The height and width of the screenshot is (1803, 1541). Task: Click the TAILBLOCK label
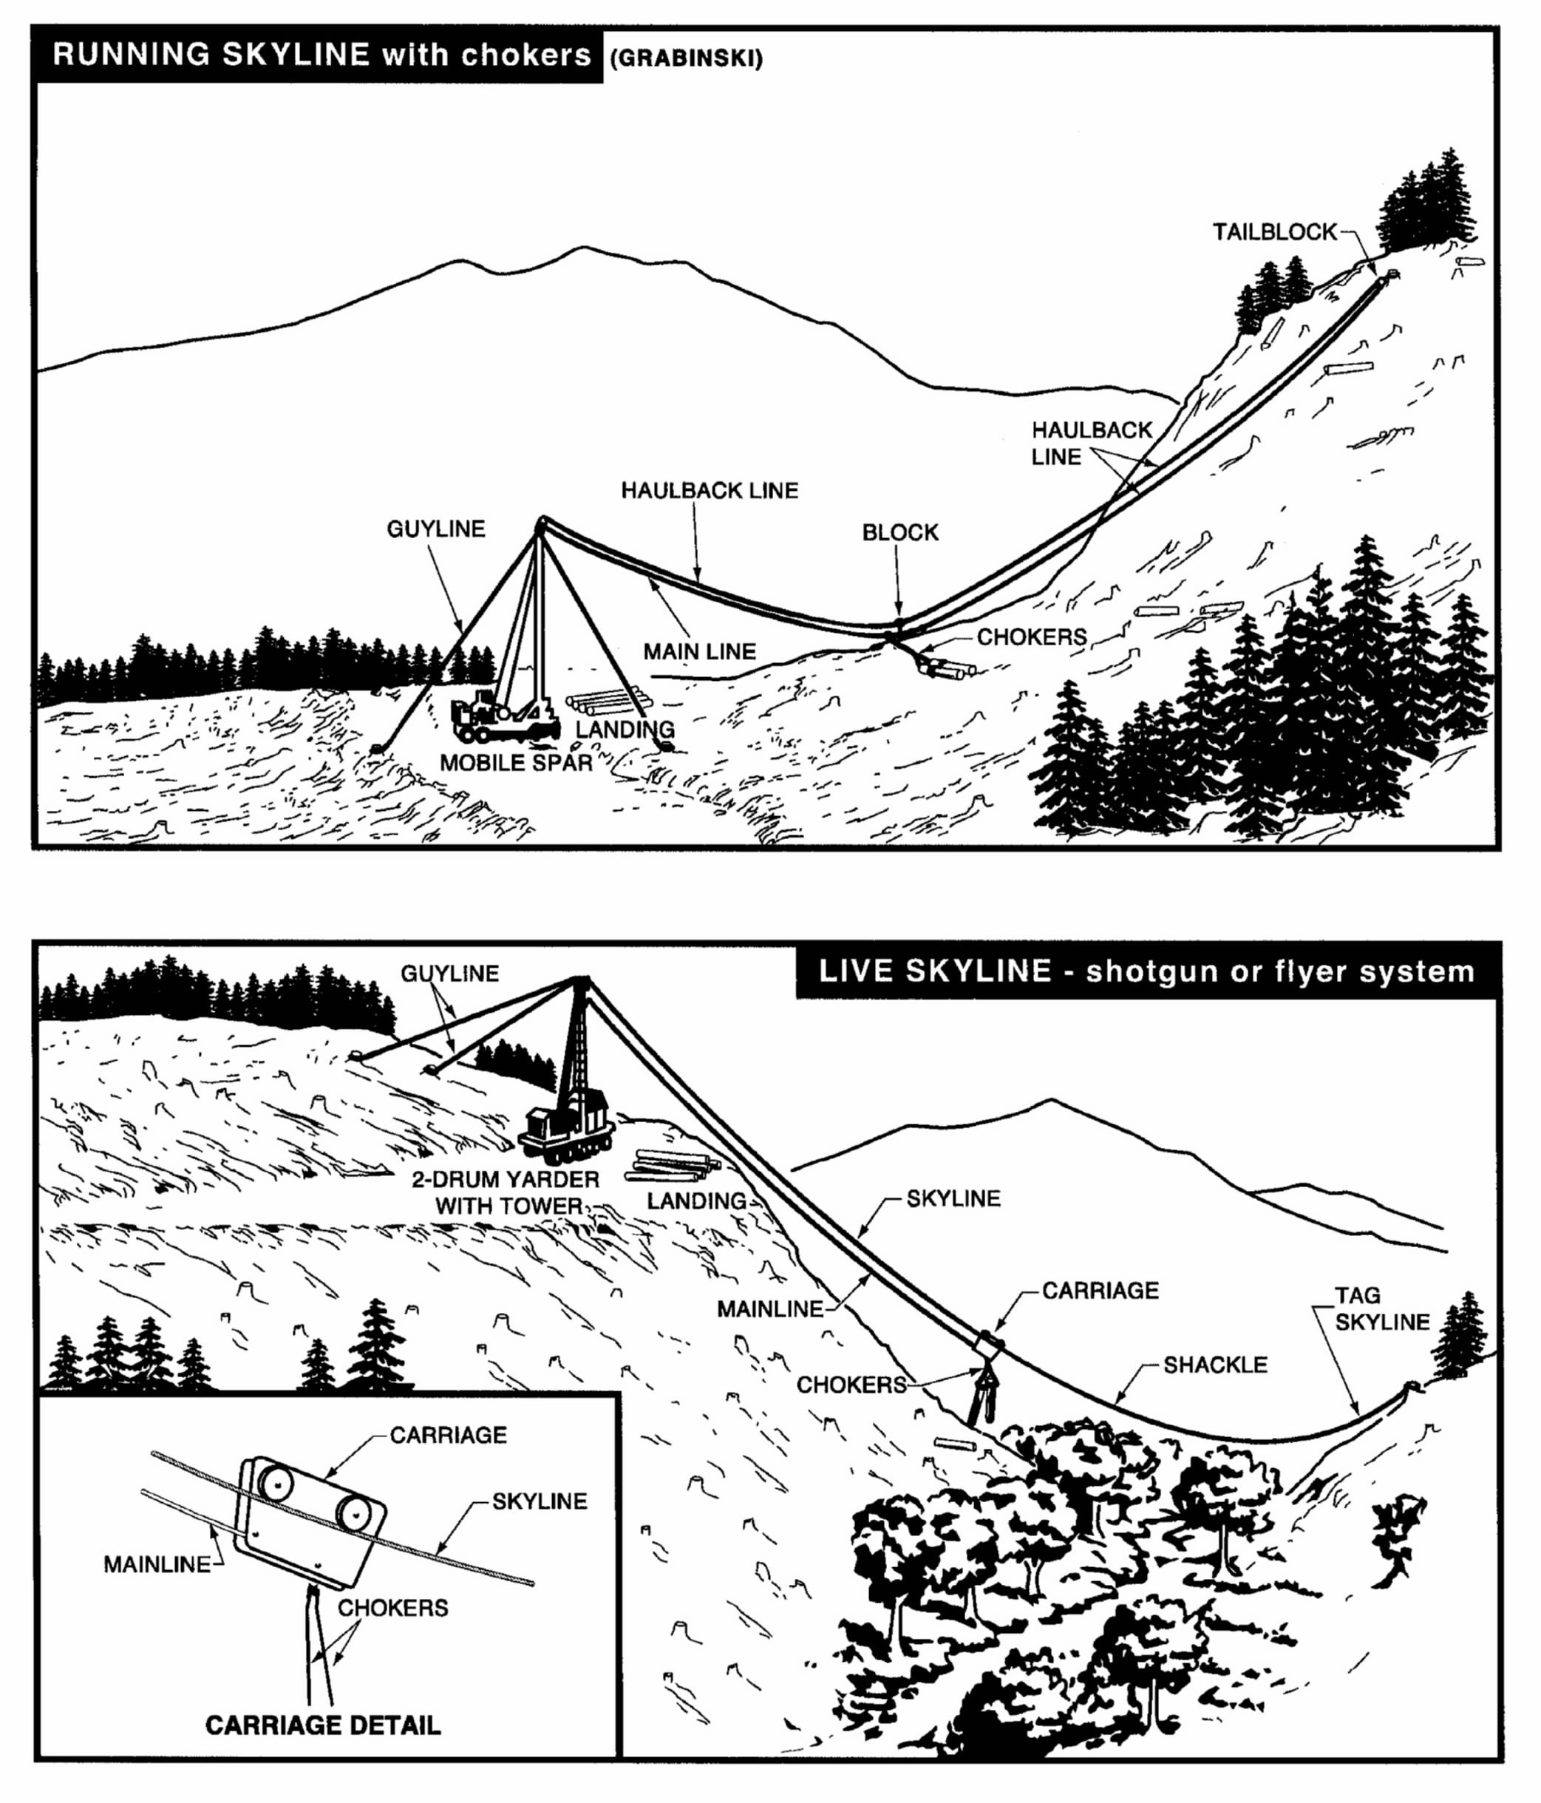click(x=1275, y=231)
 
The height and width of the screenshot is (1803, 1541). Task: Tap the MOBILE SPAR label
click(x=515, y=763)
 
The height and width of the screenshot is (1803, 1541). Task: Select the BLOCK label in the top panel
click(x=899, y=532)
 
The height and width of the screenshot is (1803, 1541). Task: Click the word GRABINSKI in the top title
click(x=686, y=58)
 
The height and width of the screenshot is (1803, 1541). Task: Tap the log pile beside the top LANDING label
click(x=609, y=702)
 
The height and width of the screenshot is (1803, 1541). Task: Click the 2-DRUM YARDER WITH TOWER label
click(x=506, y=1192)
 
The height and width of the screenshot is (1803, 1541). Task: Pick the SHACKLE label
click(x=1215, y=1365)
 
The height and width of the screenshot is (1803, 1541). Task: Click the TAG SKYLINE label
click(x=1382, y=1308)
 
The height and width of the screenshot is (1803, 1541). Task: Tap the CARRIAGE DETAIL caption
click(x=323, y=1725)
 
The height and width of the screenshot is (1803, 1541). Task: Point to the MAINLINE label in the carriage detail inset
click(x=157, y=1563)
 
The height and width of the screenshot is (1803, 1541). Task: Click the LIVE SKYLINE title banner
click(x=1147, y=971)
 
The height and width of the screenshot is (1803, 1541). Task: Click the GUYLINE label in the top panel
click(x=436, y=529)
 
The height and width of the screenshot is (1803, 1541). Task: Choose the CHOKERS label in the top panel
click(x=1031, y=637)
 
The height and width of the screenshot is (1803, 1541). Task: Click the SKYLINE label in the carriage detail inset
click(x=540, y=1501)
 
